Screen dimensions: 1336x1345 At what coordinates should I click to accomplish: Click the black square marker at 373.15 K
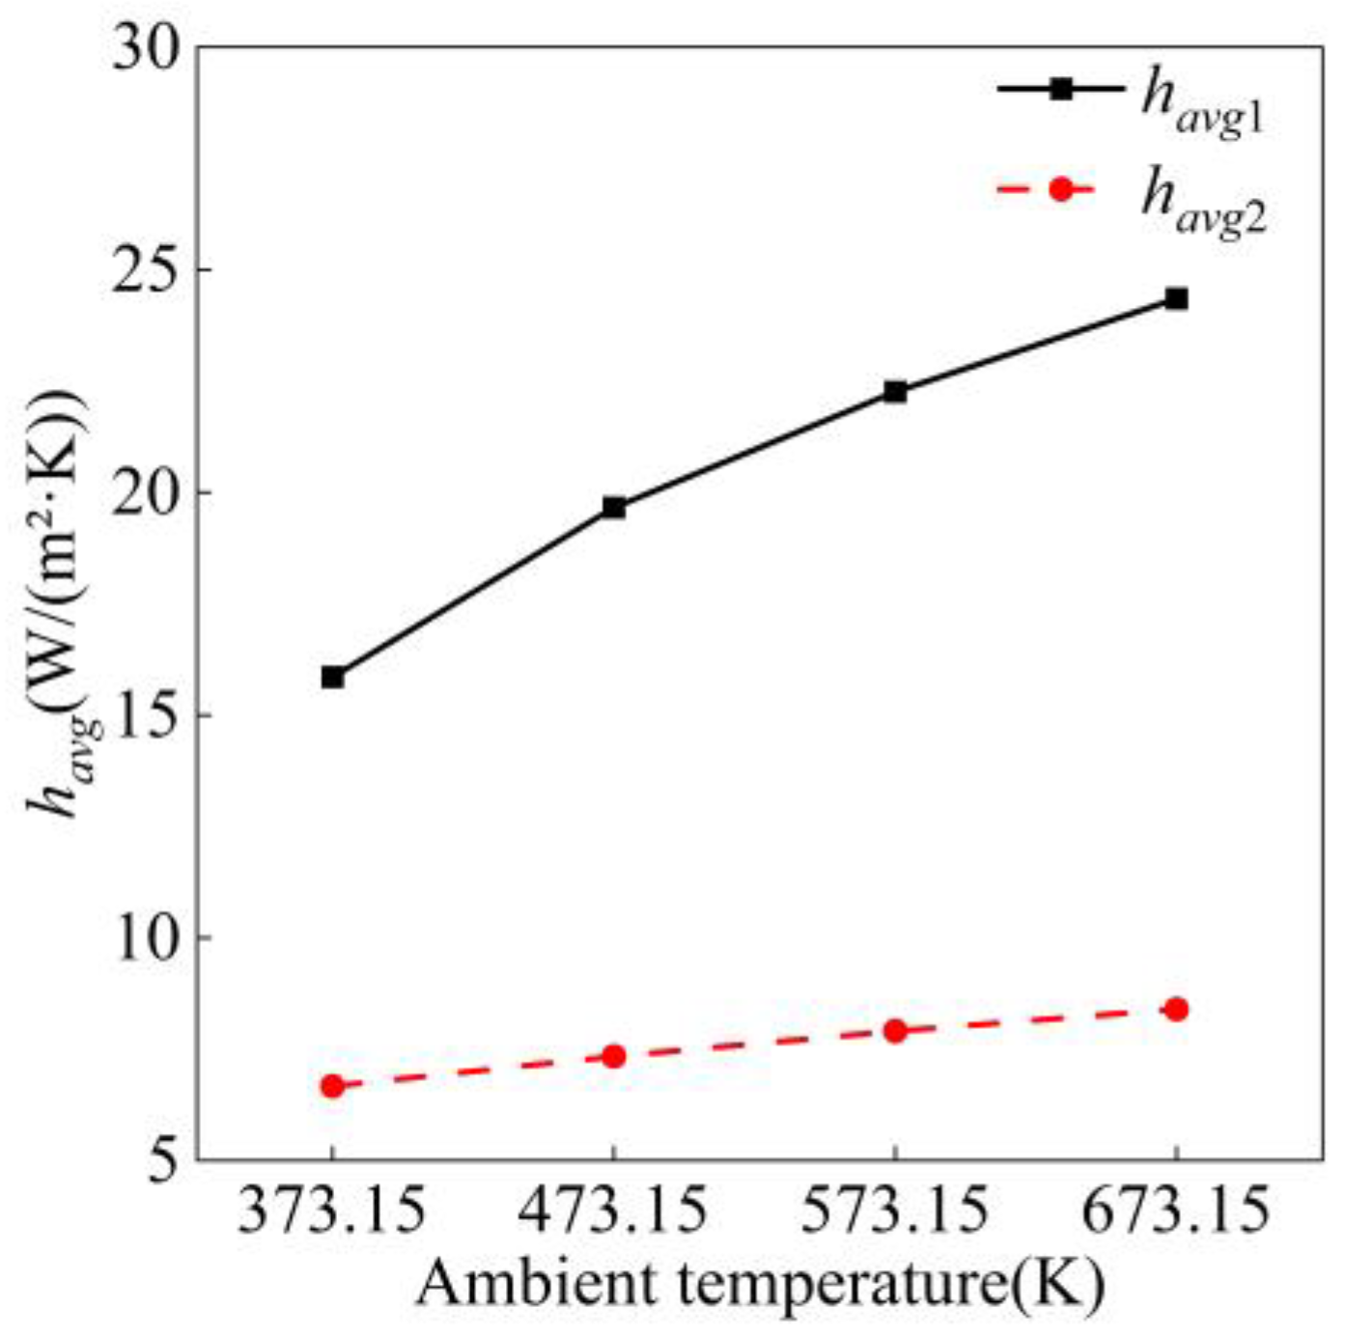click(332, 677)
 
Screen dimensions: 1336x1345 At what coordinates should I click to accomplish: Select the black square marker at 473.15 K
click(614, 507)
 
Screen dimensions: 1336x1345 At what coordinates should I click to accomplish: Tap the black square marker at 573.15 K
click(895, 391)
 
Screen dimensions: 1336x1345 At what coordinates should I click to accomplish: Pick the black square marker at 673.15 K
click(1176, 298)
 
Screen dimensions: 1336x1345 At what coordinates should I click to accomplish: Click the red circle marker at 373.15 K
click(332, 1086)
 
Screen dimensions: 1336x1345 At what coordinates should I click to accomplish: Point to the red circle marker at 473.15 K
click(614, 1056)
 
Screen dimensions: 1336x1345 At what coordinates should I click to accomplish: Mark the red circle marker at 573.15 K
click(895, 1031)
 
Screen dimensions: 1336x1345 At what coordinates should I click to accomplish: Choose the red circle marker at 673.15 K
click(1176, 1010)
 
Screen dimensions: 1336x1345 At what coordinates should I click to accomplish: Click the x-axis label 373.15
click(332, 1212)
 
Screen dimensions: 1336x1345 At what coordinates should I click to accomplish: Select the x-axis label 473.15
click(614, 1212)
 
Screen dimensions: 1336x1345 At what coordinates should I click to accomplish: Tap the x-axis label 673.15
click(1176, 1212)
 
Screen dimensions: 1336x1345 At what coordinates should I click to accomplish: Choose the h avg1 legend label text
click(1202, 104)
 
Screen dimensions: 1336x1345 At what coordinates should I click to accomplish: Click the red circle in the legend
click(1061, 189)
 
